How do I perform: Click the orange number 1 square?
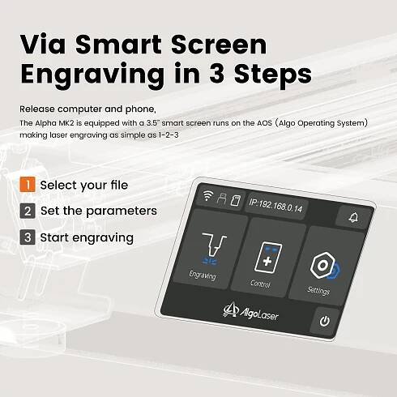pos(28,185)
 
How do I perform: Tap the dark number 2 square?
pos(28,211)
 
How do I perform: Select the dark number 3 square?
pos(28,237)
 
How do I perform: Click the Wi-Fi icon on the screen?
pos(207,195)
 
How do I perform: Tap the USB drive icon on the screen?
pos(221,198)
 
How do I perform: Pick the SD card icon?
pos(235,201)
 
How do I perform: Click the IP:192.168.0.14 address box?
pos(275,206)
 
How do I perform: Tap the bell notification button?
pos(353,217)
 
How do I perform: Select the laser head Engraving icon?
pos(213,248)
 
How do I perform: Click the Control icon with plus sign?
pos(268,258)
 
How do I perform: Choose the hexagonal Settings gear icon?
pos(324,266)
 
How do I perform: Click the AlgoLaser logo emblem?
pos(230,309)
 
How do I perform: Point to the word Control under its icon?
pos(260,284)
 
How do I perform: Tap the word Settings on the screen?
pos(318,291)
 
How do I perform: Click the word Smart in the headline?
pos(118,45)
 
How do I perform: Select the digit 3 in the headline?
pos(216,74)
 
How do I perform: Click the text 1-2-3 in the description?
pos(169,135)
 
